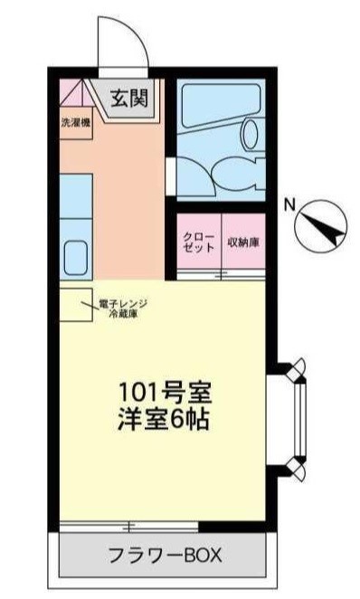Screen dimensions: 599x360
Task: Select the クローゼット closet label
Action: pos(197,242)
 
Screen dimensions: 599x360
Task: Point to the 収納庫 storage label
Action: pos(243,242)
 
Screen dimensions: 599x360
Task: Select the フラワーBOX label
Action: pos(165,553)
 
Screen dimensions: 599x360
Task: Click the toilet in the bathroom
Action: pos(249,136)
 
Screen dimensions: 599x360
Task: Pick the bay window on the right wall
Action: pos(297,419)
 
